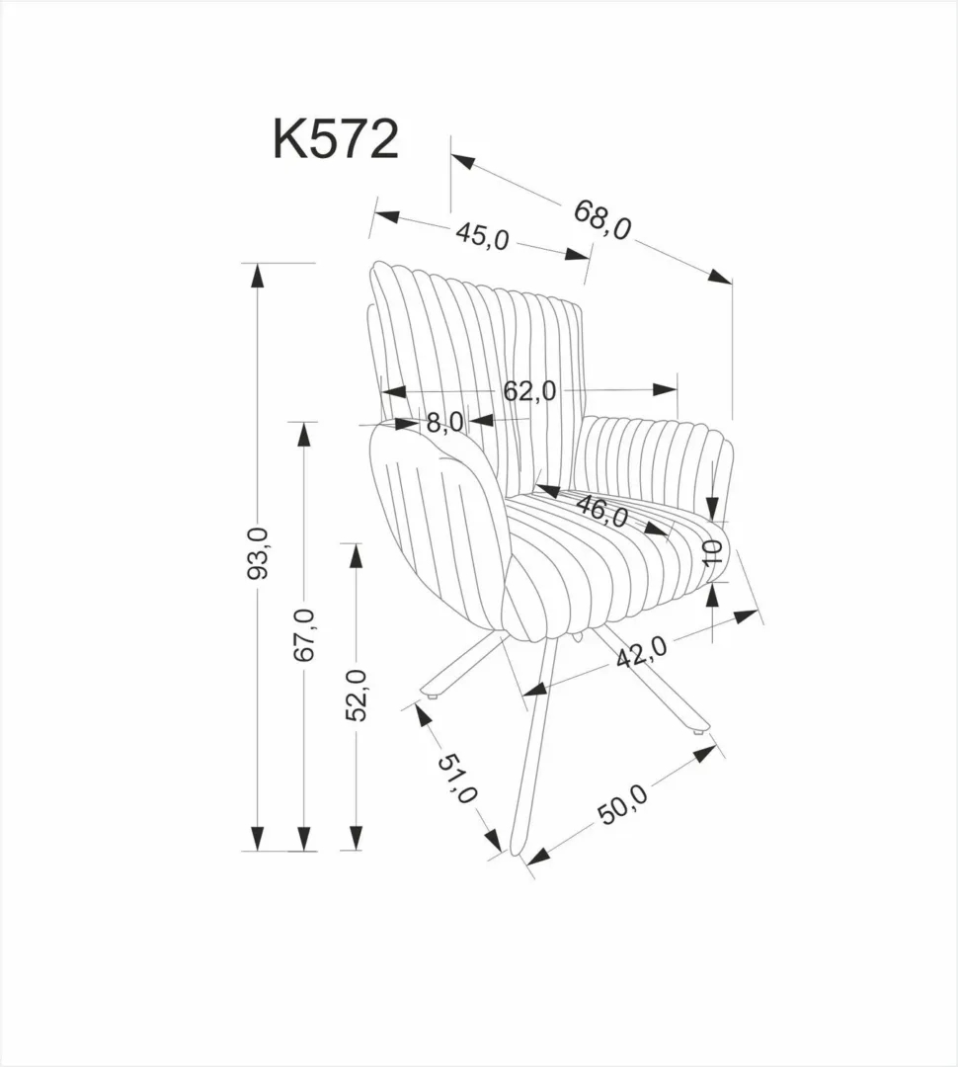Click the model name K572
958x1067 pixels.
[336, 139]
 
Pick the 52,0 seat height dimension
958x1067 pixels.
[355, 695]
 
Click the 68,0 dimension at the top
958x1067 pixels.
[601, 219]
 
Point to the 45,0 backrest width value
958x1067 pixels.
[482, 236]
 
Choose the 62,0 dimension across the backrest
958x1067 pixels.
[529, 391]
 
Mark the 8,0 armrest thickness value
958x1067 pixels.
[444, 423]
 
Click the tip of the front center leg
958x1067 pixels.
[519, 851]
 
